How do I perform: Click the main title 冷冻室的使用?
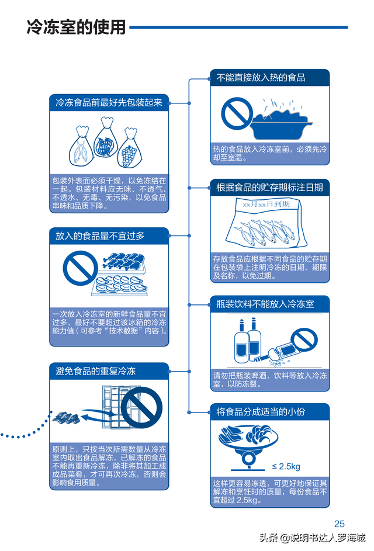click(x=76, y=27)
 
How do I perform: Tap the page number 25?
click(x=340, y=524)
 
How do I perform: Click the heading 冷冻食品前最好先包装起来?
click(x=109, y=103)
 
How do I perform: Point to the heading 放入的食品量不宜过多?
click(x=100, y=236)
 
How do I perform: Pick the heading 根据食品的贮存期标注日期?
click(x=269, y=188)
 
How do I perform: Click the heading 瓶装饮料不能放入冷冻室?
click(x=265, y=304)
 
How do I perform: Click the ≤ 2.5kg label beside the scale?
click(x=286, y=466)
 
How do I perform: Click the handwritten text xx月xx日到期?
click(x=266, y=205)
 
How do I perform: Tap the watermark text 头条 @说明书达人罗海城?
click(x=312, y=538)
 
